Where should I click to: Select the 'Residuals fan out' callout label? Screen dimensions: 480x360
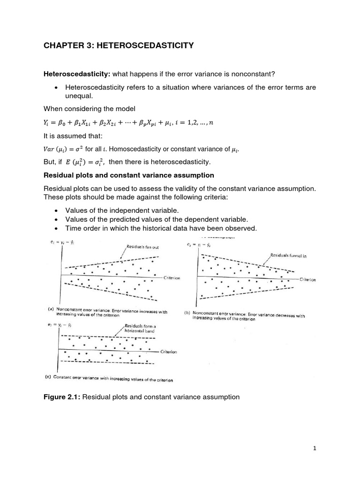(x=141, y=246)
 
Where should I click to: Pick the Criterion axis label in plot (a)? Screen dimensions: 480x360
(x=172, y=278)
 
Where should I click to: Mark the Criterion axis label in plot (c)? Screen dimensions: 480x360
(x=169, y=352)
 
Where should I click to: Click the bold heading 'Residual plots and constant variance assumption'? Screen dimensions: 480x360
(x=129, y=175)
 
